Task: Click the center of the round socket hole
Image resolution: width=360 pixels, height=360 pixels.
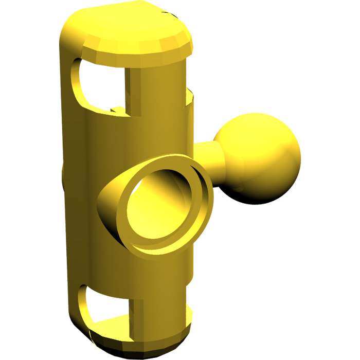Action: pos(157,206)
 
